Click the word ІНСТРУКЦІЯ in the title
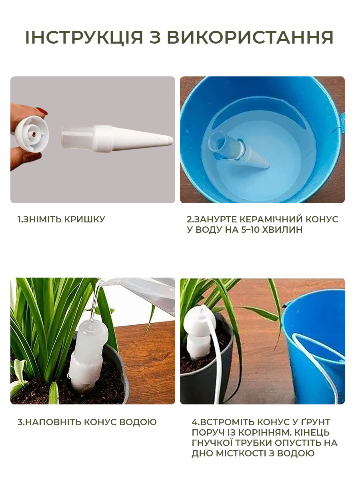(x=84, y=37)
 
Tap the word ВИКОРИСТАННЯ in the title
(x=250, y=37)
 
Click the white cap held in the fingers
(x=32, y=134)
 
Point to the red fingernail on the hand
(x=42, y=111)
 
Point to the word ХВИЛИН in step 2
(x=282, y=230)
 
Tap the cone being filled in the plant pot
(x=88, y=354)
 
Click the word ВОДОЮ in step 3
(x=138, y=422)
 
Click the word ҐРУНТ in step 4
(x=314, y=422)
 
